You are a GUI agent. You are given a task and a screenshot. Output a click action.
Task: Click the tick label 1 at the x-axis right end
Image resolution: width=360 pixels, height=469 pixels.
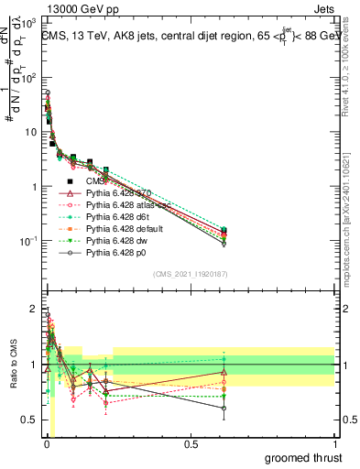click(334, 444)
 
